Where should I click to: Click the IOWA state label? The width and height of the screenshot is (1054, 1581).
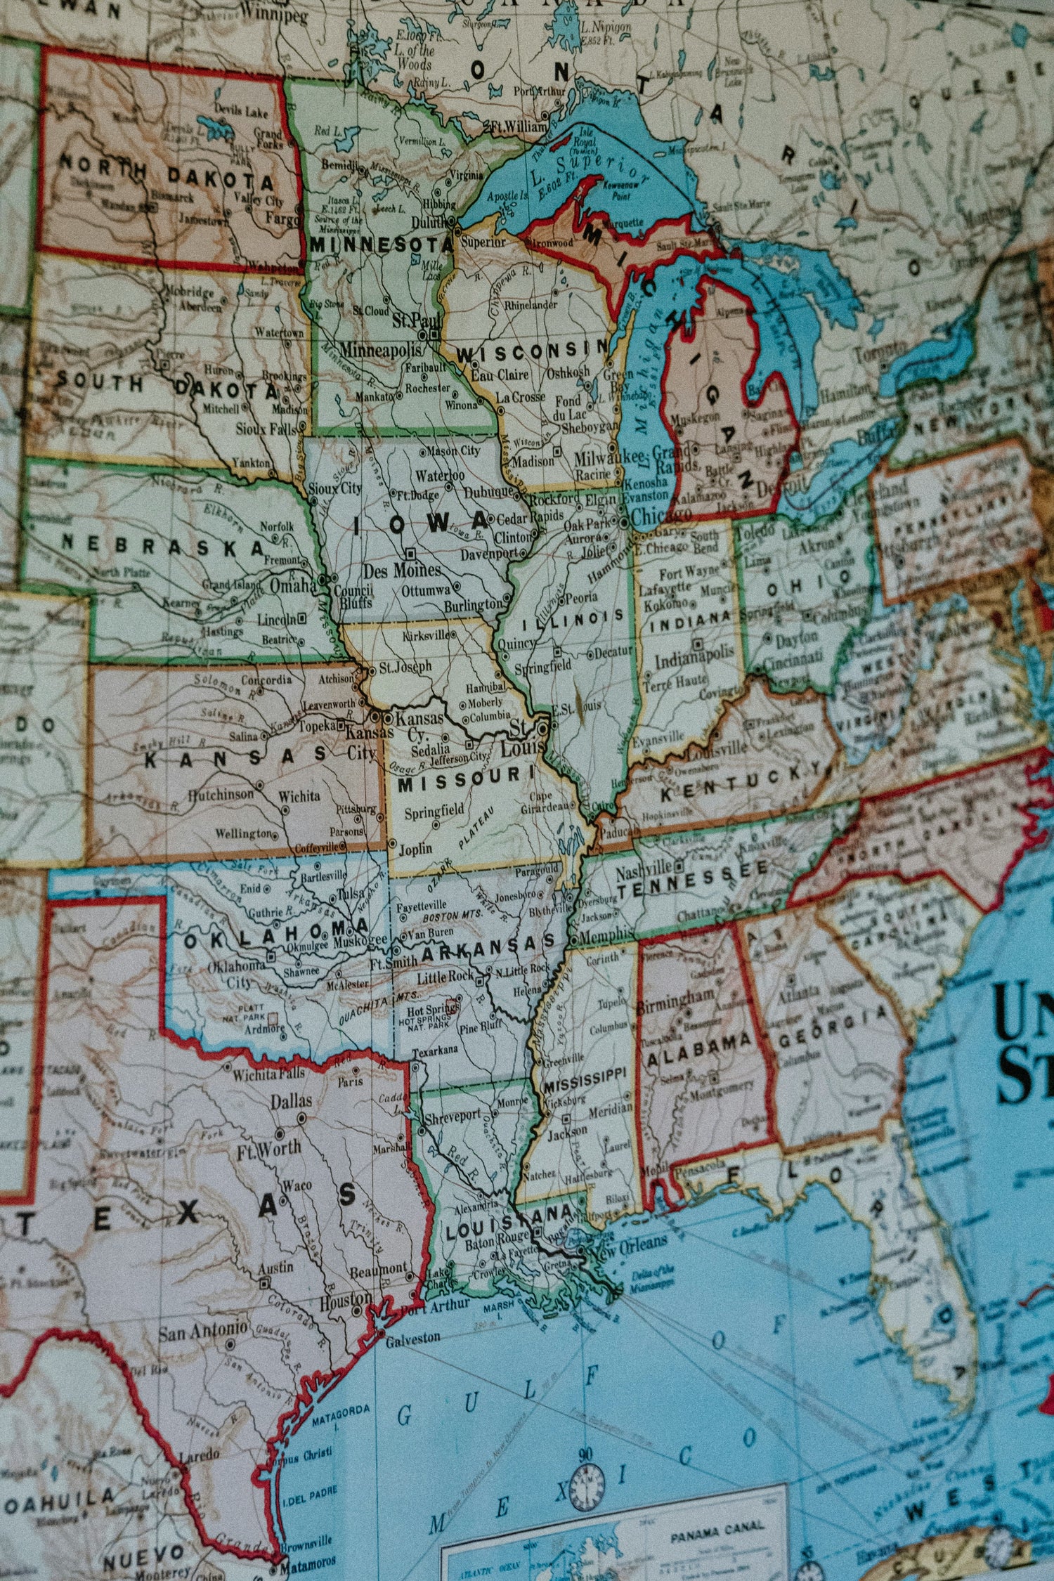[x=422, y=523]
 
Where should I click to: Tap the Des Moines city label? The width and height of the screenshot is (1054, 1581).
[x=402, y=570]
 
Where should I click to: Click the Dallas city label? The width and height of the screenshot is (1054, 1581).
[x=291, y=1101]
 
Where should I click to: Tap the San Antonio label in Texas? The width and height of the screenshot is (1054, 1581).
[x=202, y=1331]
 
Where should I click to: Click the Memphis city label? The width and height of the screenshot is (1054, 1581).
[x=604, y=935]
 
